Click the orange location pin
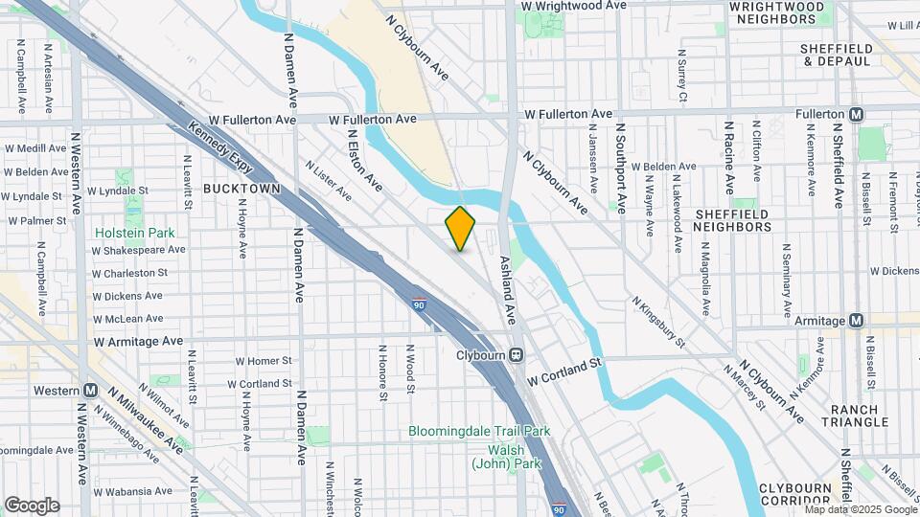tap(460, 228)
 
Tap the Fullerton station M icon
tap(857, 114)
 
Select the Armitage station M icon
tap(857, 321)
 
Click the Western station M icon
tap(90, 391)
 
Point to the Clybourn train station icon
tap(516, 354)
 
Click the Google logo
tap(32, 505)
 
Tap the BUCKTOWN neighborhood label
tap(241, 189)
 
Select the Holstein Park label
tap(135, 232)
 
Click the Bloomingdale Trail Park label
tap(479, 431)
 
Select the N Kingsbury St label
tap(658, 322)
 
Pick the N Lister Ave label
tap(328, 180)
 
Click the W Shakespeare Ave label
tap(138, 250)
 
